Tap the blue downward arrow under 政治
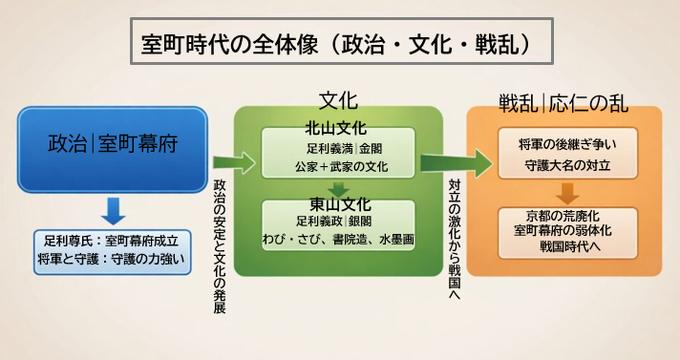point(113,208)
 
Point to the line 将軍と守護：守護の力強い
point(113,259)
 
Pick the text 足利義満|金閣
point(337,148)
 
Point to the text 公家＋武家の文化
point(337,166)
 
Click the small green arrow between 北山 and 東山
point(337,188)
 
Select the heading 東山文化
point(339,204)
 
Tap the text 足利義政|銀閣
point(339,222)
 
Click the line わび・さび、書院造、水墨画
point(338,239)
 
